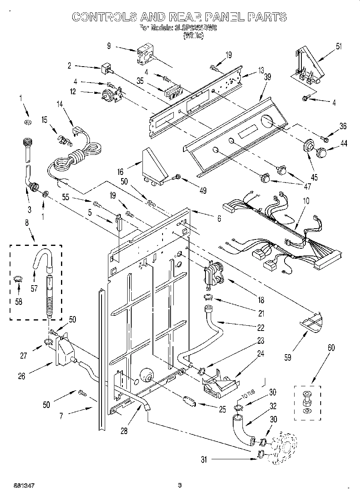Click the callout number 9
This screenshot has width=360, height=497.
pyautogui.click(x=108, y=46)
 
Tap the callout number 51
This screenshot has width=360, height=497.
pyautogui.click(x=339, y=46)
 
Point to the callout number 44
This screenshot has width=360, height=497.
pyautogui.click(x=344, y=143)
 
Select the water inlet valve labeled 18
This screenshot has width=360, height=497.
pyautogui.click(x=212, y=273)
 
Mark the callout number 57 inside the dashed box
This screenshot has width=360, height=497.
pyautogui.click(x=34, y=288)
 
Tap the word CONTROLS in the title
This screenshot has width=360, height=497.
pyautogui.click(x=102, y=16)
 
